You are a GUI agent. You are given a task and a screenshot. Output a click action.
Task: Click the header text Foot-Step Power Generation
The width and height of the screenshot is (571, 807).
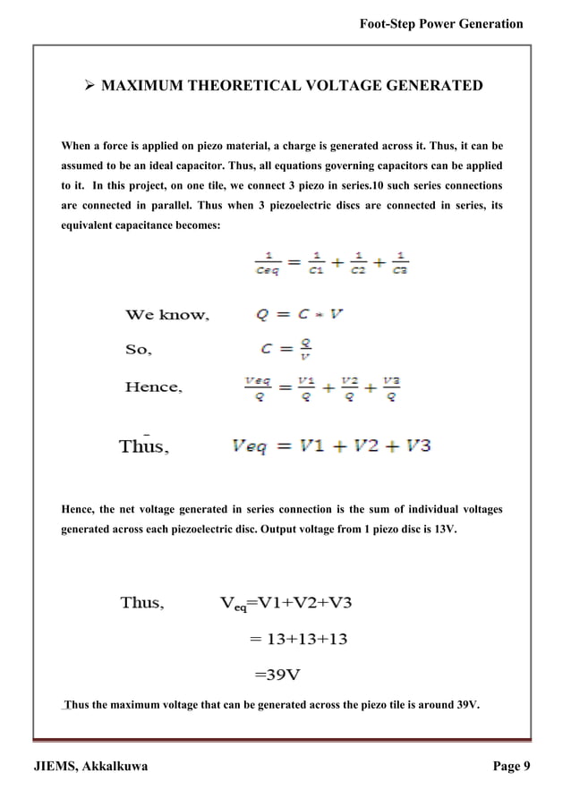(439, 24)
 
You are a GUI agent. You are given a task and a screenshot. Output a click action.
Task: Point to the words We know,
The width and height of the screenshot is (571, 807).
(166, 315)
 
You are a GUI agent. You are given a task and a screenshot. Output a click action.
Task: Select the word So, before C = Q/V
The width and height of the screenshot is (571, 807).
(138, 351)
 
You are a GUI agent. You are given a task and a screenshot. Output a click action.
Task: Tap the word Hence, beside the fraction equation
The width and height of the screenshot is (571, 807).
(154, 387)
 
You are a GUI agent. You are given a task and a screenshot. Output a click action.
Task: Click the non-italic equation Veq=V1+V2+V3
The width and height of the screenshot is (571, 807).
(285, 603)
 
